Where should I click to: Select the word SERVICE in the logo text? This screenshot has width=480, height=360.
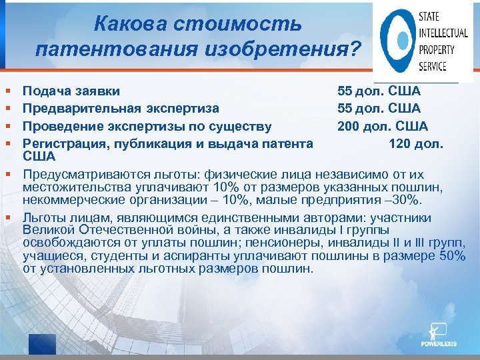tap(433, 66)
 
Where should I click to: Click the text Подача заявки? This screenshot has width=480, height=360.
tap(71, 91)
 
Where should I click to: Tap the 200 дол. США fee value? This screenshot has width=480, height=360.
tap(382, 127)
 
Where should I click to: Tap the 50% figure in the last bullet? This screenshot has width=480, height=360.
tap(452, 257)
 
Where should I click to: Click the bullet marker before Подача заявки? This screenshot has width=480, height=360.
tap(7, 90)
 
